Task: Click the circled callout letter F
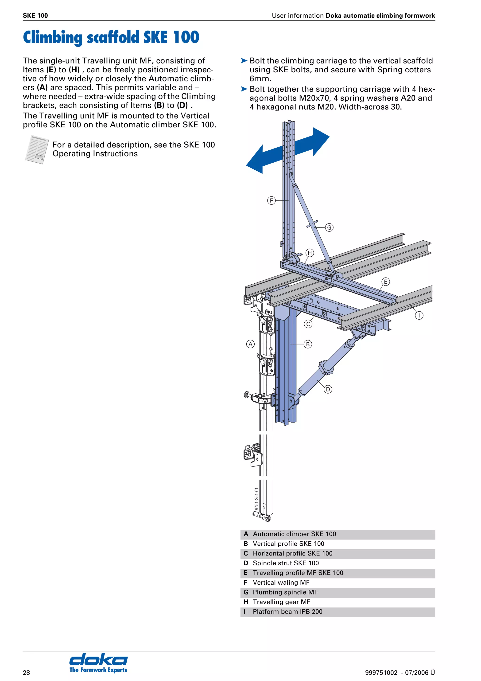pos(271,200)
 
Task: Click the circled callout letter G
pos(329,227)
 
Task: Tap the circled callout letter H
pos(310,253)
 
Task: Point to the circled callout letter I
pos(419,315)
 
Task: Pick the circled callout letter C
pos(308,324)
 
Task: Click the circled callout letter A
pos(250,344)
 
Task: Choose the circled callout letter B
pos(308,344)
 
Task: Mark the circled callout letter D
pos(328,389)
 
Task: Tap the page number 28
pos(26,672)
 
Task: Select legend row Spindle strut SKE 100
pos(285,563)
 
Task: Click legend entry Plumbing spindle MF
pos(285,592)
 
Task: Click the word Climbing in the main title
pos(52,37)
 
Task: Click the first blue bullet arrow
pos(244,61)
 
